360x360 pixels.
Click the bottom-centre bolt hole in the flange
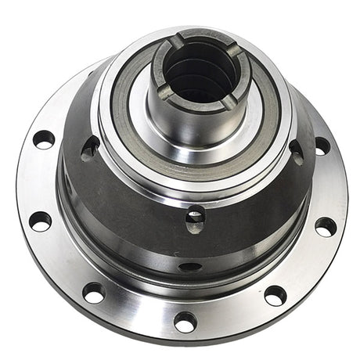185,322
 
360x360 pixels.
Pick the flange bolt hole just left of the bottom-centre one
94,293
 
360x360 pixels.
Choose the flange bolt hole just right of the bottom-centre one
275,295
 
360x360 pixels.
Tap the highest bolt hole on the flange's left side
44,139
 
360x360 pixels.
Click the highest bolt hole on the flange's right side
322,146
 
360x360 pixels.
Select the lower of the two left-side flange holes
40,221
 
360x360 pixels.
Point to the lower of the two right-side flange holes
326,226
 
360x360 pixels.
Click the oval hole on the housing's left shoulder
91,147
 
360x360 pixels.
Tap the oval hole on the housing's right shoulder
297,150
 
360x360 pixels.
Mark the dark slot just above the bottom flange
190,267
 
